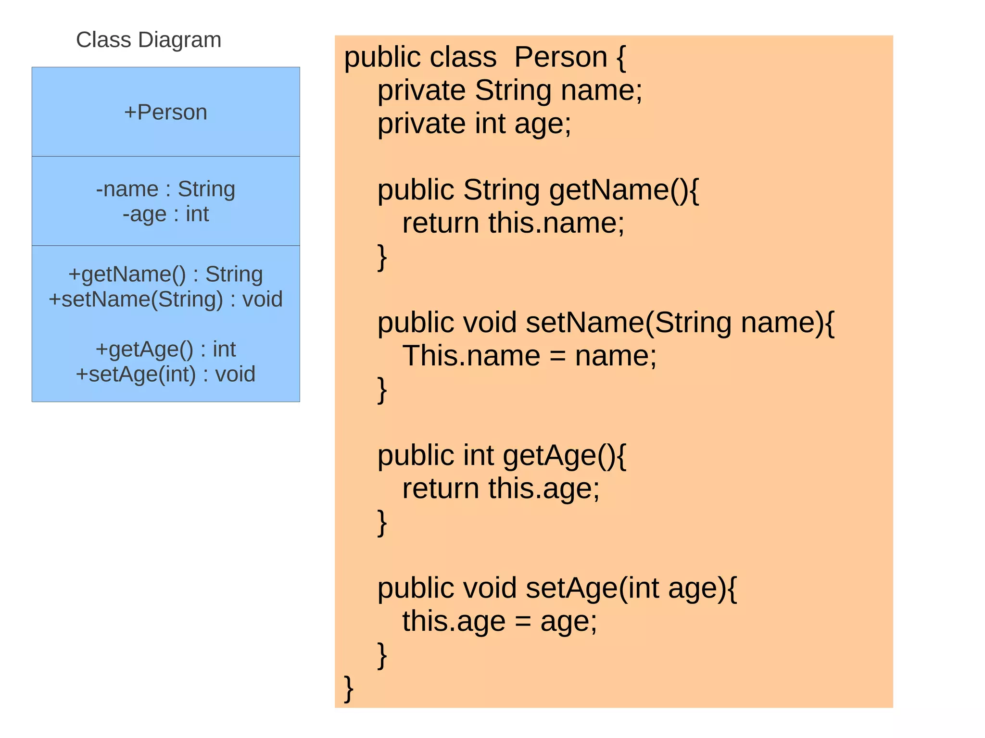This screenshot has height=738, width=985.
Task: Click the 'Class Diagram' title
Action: coord(149,40)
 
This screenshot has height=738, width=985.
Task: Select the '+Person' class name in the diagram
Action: coord(165,113)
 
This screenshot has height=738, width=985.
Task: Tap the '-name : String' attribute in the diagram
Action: coord(165,189)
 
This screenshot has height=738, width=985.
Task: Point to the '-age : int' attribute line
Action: coord(165,214)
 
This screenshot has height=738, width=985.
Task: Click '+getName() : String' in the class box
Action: coord(165,275)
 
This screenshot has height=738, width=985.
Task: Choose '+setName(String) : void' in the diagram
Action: coord(165,300)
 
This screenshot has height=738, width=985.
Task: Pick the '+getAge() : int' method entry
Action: coord(165,350)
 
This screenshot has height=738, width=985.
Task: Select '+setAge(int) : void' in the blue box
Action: coord(165,375)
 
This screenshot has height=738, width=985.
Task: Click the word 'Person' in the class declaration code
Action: coord(561,58)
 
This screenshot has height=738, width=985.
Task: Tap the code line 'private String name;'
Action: coord(510,91)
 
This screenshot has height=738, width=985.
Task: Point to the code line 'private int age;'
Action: coord(474,124)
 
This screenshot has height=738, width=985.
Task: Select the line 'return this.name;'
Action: coord(513,224)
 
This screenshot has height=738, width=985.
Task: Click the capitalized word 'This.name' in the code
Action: coord(471,356)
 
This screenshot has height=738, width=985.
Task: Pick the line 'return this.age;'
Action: coord(501,489)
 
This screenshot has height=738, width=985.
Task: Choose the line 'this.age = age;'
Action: coord(499,622)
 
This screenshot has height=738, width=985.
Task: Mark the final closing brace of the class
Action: coord(349,688)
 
